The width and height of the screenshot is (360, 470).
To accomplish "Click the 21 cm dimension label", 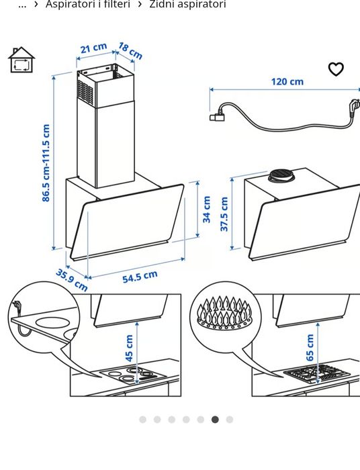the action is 93,48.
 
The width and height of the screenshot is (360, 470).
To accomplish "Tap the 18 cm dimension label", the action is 130,50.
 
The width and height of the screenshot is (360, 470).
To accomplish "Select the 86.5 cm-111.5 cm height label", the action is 46,163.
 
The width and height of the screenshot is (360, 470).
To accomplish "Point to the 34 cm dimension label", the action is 207,209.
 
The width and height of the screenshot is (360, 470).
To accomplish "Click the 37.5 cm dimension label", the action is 224,214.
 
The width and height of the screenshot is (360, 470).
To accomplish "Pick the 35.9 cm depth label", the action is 72,280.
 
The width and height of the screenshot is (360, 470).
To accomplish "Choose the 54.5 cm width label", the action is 140,277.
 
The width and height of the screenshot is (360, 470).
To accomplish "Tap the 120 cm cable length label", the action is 287,81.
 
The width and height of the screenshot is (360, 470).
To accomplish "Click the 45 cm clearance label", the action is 128,348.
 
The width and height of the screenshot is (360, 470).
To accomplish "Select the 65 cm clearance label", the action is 310,348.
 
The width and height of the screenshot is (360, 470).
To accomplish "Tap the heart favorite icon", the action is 336,69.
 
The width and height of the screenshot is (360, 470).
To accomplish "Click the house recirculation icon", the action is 21,60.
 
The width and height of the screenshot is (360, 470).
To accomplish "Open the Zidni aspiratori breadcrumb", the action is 187,4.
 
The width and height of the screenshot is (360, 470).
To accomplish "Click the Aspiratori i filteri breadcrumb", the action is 88,4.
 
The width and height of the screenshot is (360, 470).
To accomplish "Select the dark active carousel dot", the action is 215,420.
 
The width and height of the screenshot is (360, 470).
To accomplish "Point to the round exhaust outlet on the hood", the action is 282,176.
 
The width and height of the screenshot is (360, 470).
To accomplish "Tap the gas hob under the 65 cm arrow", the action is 316,373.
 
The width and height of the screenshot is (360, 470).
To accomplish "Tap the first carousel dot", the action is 142,420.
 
